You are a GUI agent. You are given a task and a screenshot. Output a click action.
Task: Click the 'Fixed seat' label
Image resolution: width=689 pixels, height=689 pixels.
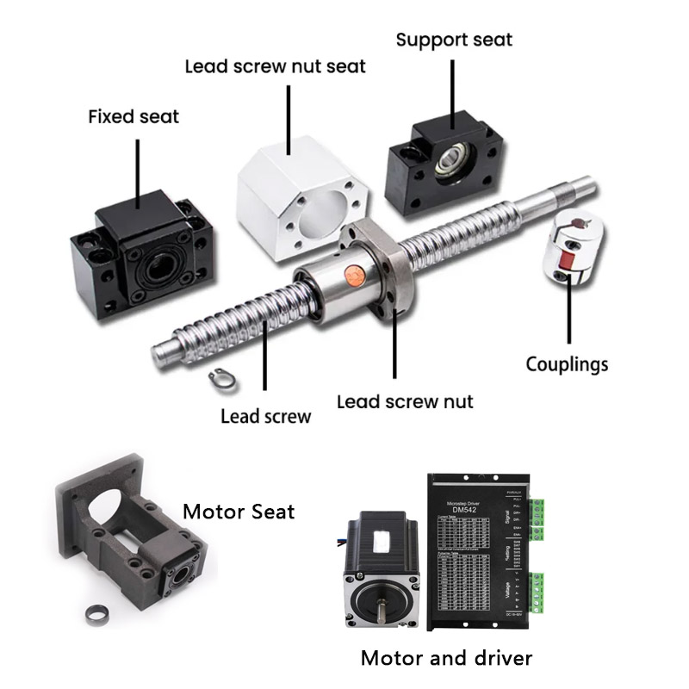(133, 115)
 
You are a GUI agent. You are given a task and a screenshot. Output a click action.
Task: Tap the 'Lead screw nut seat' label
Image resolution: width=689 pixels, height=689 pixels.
(276, 66)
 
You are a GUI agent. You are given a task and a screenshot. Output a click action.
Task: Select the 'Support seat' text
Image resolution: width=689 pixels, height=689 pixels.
(454, 40)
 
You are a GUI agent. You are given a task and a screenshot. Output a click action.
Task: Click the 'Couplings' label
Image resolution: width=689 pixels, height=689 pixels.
(567, 364)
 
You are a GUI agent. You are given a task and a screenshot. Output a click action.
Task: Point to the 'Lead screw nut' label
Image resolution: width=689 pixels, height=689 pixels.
(405, 401)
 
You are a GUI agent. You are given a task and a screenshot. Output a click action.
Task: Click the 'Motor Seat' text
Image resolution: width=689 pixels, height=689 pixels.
(239, 512)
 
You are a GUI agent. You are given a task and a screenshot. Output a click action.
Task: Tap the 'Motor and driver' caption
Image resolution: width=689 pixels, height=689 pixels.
(446, 659)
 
